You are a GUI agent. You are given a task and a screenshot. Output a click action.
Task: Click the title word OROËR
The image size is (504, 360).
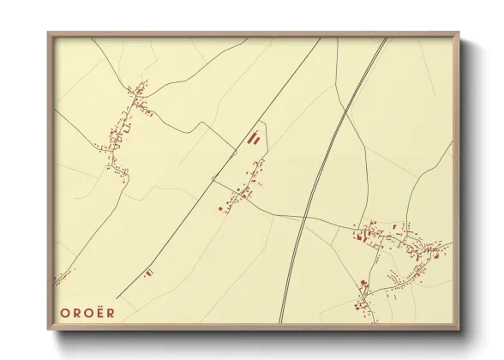(87, 313)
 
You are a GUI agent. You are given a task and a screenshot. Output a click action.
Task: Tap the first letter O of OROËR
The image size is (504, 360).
(64, 313)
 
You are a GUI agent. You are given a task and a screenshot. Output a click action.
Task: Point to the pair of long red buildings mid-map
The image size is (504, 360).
(253, 137)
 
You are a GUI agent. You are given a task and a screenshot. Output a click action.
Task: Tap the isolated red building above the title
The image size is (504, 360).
(148, 273)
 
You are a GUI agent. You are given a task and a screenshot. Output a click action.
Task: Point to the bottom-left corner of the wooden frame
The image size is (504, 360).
(50, 330)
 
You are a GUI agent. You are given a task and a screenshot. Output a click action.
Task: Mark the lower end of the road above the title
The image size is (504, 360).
(117, 297)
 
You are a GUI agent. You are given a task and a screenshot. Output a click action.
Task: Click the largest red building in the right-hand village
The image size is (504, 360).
(361, 234)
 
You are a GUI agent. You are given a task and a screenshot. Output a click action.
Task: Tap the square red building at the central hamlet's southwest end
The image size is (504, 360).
(220, 207)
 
